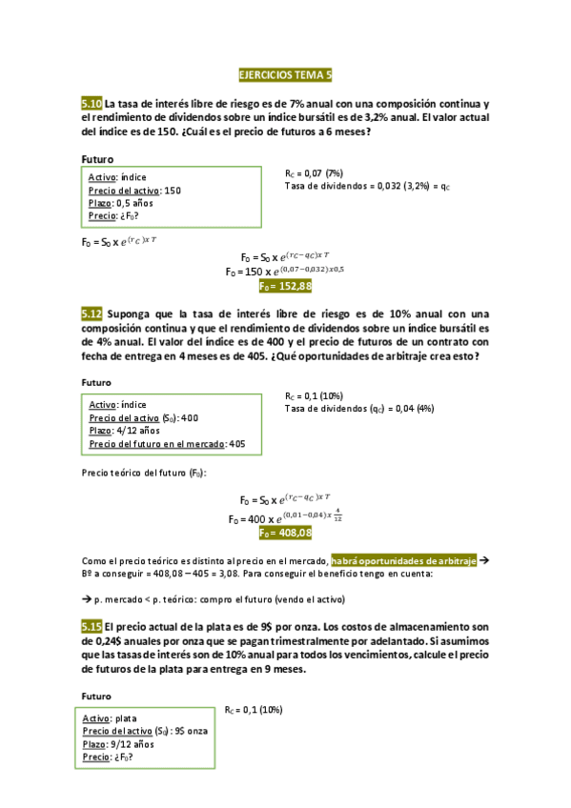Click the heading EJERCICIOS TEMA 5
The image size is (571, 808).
285,73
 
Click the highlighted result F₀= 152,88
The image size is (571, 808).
285,285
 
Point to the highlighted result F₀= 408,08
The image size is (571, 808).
285,533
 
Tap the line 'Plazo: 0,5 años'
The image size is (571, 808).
120,202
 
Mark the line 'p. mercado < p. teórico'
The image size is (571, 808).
212,598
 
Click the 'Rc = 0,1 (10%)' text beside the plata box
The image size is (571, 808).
254,710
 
